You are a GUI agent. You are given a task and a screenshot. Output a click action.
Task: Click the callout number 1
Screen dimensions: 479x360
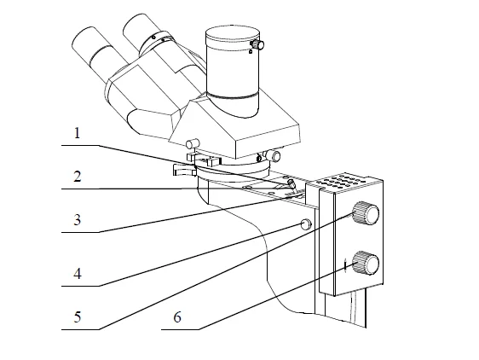pyautogui.click(x=77, y=133)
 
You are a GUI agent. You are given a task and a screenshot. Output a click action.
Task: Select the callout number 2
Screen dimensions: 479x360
pyautogui.click(x=78, y=177)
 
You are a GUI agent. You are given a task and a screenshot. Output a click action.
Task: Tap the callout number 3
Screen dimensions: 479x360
pyautogui.click(x=78, y=220)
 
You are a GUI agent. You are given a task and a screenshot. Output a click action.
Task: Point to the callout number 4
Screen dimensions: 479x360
pyautogui.click(x=78, y=274)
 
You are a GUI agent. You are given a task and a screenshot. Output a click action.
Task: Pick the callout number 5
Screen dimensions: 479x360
pyautogui.click(x=78, y=316)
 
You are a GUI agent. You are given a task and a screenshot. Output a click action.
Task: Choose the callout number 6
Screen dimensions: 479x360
pyautogui.click(x=177, y=317)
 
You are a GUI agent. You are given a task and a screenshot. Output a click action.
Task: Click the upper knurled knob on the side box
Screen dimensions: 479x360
pyautogui.click(x=366, y=213)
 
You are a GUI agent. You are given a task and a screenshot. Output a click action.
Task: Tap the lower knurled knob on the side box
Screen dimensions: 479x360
pyautogui.click(x=366, y=263)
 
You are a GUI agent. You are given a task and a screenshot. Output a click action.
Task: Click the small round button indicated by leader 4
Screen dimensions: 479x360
pyautogui.click(x=306, y=224)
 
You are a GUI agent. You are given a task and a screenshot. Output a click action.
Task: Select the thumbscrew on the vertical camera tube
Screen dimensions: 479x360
pyautogui.click(x=257, y=44)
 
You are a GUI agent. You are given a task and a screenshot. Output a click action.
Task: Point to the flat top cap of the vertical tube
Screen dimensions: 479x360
pyautogui.click(x=233, y=33)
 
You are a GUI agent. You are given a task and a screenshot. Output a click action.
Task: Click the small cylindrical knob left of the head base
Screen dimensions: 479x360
pyautogui.click(x=193, y=143)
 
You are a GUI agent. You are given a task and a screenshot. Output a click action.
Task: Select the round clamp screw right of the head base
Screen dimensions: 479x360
pyautogui.click(x=274, y=155)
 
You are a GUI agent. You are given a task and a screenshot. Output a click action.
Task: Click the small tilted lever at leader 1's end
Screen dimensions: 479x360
pyautogui.click(x=291, y=184)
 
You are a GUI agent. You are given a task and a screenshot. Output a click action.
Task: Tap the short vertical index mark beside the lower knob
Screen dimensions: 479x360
pyautogui.click(x=345, y=264)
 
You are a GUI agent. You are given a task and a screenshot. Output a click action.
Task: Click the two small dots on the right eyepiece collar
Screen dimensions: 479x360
pyautogui.click(x=159, y=38)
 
